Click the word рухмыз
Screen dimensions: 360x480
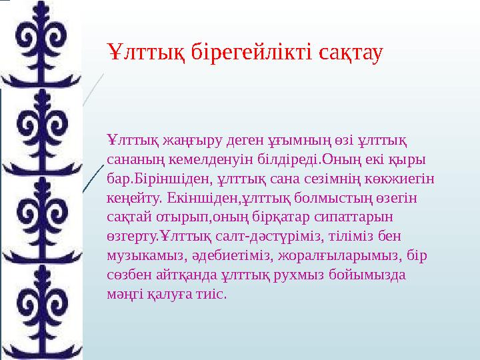[x=304, y=275]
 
